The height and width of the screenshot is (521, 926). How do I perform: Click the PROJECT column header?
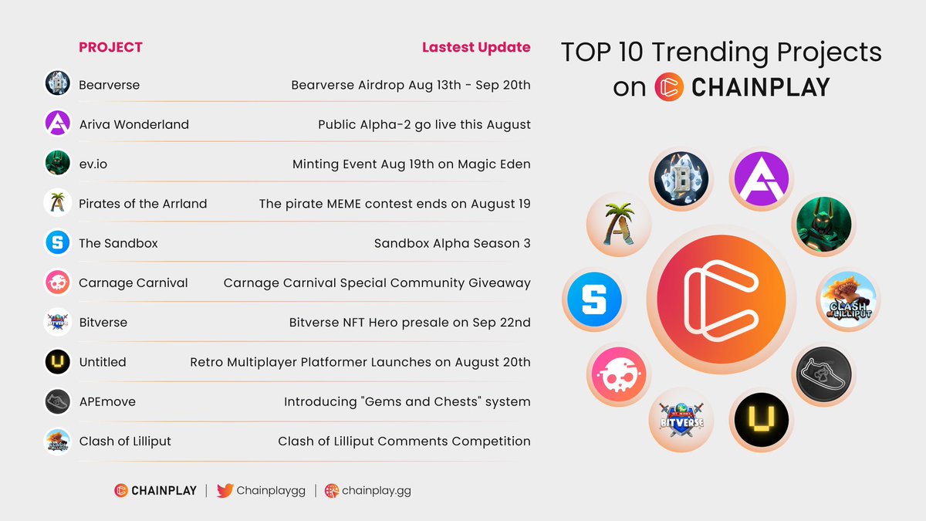110,47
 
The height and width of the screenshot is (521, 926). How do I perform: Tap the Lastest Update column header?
475,47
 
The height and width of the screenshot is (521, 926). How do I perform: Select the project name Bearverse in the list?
109,85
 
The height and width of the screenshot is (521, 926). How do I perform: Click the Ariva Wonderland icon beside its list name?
58,123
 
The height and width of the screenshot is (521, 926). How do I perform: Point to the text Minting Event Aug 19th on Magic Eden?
411,164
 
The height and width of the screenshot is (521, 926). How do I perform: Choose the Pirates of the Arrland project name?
143,204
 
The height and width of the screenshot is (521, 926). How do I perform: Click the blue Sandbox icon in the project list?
58,243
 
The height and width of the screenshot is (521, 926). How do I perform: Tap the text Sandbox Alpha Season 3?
452,243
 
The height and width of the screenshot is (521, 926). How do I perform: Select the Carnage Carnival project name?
133,282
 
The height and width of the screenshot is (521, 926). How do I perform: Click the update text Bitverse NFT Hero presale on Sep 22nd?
410,323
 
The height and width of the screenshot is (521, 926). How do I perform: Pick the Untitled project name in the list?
102,362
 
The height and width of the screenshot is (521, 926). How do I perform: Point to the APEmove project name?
107,401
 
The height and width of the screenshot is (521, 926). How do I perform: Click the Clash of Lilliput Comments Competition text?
404,441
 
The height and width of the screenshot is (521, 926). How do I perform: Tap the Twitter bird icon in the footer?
225,490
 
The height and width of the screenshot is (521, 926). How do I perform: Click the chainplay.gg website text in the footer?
376,490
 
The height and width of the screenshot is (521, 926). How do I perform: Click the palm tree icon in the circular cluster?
619,225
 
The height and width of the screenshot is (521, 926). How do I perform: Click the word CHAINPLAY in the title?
760,87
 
